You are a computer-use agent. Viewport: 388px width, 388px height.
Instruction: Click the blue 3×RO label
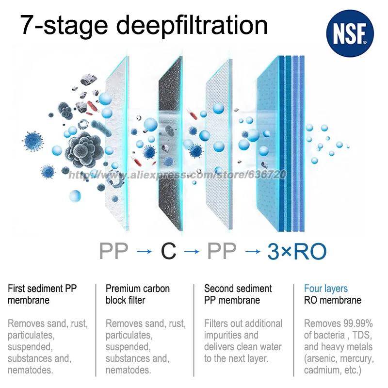[x=297, y=251]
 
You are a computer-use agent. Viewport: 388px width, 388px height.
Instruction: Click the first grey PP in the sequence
[x=114, y=251]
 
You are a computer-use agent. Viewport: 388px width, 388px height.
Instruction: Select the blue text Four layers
[x=326, y=289]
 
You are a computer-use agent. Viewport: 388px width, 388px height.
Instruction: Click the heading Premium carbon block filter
[x=138, y=294]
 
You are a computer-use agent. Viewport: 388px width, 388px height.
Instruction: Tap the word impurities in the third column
[x=224, y=335]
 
